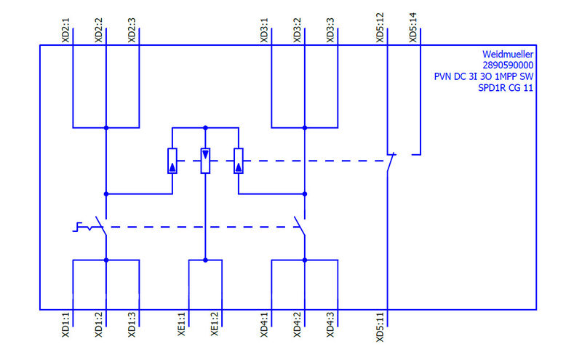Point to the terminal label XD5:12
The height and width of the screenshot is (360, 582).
(x=380, y=27)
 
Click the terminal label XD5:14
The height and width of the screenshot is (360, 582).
(x=413, y=27)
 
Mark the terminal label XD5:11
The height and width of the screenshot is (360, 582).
(x=380, y=328)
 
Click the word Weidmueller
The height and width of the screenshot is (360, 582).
(x=509, y=54)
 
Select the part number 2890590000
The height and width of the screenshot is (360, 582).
(x=509, y=65)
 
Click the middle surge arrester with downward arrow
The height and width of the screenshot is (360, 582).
(x=205, y=161)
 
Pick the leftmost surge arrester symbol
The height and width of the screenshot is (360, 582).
(x=172, y=161)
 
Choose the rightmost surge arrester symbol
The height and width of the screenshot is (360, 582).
(x=238, y=161)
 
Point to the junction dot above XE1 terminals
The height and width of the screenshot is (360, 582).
(x=205, y=260)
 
